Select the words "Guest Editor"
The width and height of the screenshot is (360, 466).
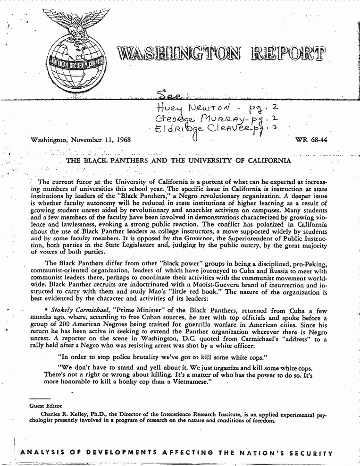tap(46, 406)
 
